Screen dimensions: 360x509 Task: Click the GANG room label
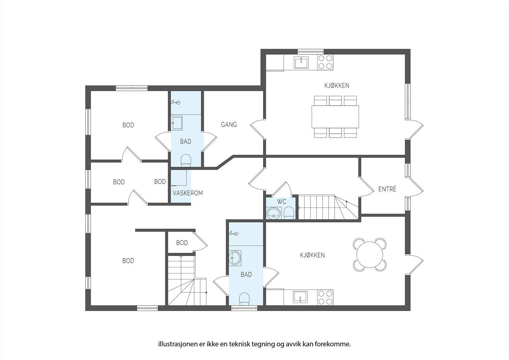point(229,124)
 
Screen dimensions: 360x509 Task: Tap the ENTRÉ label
point(387,189)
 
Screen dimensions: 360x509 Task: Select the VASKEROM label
point(188,193)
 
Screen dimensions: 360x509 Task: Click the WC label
point(282,202)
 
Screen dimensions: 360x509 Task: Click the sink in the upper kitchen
point(301,62)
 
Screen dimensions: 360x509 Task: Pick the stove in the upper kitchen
point(325,62)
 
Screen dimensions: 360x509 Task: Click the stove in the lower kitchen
point(325,297)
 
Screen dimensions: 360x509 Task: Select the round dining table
point(370,255)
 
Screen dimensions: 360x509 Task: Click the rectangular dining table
point(335,116)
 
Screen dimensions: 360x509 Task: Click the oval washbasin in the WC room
point(274,213)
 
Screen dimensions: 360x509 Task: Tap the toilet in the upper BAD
point(186,160)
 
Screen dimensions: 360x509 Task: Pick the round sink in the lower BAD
point(235,257)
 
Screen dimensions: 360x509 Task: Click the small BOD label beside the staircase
point(182,243)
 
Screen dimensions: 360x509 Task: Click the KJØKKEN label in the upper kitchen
point(337,85)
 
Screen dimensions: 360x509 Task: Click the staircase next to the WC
point(328,208)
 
